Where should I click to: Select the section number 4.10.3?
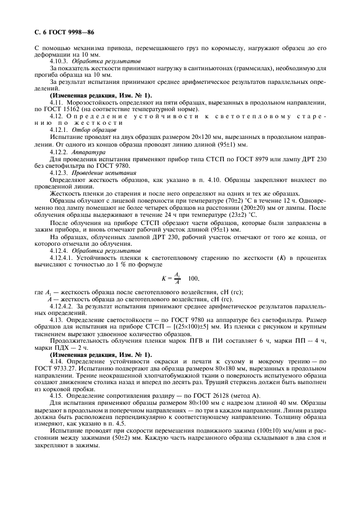coord(59,62)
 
